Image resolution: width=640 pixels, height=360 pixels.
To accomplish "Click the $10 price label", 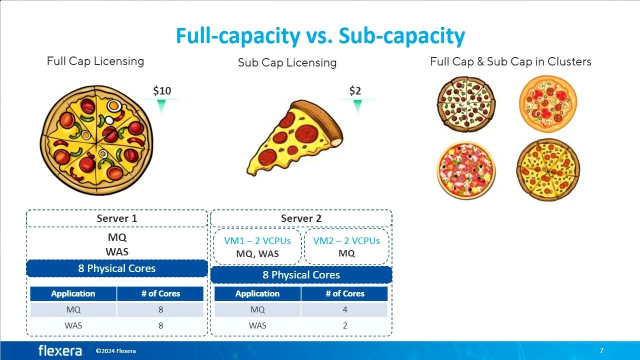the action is tap(162, 90).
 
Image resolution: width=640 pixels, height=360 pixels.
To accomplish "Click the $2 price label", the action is tap(355, 90).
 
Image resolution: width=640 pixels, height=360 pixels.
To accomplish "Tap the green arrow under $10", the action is tap(161, 105).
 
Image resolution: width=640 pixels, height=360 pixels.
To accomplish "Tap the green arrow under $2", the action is tap(357, 105).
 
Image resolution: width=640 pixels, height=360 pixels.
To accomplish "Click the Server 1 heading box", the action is tap(117, 218).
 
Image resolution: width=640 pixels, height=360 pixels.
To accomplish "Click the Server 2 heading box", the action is tap(301, 218).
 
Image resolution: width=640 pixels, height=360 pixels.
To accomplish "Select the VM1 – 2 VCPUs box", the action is tap(257, 246).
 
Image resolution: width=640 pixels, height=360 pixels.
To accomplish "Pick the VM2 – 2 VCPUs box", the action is tap(346, 246).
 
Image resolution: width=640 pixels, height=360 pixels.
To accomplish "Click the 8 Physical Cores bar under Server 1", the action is tap(117, 268).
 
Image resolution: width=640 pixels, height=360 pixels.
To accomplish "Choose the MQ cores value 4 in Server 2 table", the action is tap(345, 309).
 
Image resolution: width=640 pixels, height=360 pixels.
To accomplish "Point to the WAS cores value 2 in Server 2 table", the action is tap(345, 325).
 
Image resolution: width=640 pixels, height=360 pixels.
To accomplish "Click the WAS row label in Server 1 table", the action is tap(73, 325).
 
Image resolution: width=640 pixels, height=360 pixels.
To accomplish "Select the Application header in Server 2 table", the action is tap(257, 293).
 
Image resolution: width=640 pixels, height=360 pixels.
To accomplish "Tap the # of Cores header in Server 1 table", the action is tap(160, 293).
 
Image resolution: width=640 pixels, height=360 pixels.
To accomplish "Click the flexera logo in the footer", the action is tap(60, 350).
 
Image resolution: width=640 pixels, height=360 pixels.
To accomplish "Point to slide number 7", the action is tap(601, 350).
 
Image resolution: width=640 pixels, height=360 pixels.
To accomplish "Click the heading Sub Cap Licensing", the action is tap(287, 62).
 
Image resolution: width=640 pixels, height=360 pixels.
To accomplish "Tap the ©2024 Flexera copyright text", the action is tap(115, 351).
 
